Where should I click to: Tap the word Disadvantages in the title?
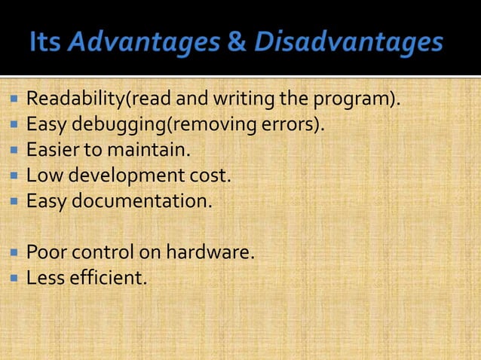point(348,43)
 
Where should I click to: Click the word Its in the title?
point(46,43)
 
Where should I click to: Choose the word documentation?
point(137,202)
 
